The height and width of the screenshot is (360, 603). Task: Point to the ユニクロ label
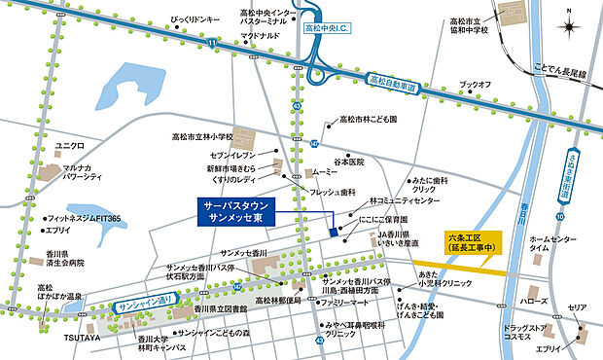70,145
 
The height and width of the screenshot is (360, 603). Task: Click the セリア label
578,307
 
